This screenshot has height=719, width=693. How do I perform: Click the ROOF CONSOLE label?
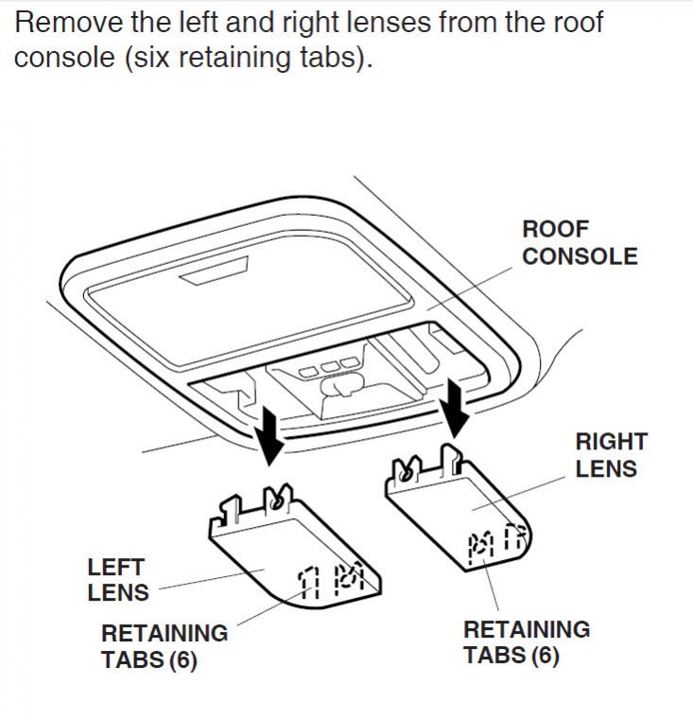pyautogui.click(x=580, y=243)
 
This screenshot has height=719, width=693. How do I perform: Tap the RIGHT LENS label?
pyautogui.click(x=611, y=455)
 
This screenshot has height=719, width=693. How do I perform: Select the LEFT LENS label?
pyautogui.click(x=118, y=580)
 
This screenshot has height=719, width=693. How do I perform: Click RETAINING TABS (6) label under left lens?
pyautogui.click(x=164, y=646)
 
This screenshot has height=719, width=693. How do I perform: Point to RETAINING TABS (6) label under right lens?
pyautogui.click(x=526, y=642)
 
